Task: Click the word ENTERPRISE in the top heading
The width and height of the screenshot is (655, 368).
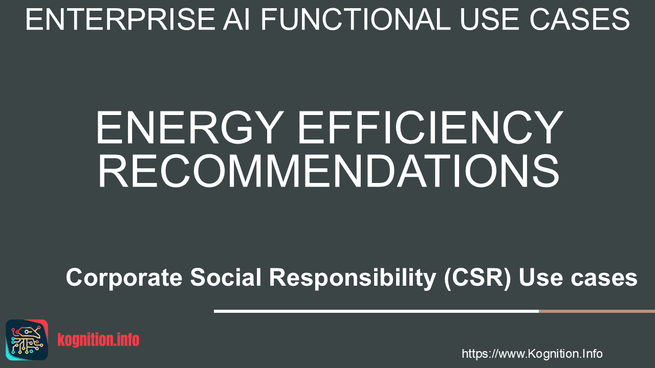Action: pyautogui.click(x=120, y=19)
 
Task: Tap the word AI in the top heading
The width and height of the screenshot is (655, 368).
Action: pyautogui.click(x=236, y=19)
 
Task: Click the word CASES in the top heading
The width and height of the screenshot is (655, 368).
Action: pyautogui.click(x=580, y=19)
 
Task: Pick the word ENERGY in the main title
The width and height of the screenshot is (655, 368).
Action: pyautogui.click(x=190, y=127)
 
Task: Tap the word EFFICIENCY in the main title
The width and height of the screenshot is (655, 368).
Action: pyautogui.click(x=430, y=127)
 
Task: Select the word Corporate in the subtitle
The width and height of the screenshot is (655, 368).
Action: pyautogui.click(x=124, y=278)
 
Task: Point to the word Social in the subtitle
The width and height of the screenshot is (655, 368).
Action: pyautogui.click(x=226, y=277)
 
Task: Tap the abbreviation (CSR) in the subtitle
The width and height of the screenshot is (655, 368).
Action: pyautogui.click(x=477, y=278)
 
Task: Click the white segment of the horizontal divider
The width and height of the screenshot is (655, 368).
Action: pyautogui.click(x=376, y=311)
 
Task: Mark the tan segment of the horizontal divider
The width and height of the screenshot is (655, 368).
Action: pyautogui.click(x=597, y=311)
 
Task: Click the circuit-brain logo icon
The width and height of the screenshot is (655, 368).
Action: pyautogui.click(x=27, y=340)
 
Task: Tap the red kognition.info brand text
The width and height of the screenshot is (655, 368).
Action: pyautogui.click(x=98, y=340)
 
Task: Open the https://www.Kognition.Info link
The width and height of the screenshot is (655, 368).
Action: pyautogui.click(x=532, y=354)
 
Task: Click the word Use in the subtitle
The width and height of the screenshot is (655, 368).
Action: pyautogui.click(x=541, y=278)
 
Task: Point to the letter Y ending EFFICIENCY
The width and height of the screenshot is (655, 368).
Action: pyautogui.click(x=547, y=127)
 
